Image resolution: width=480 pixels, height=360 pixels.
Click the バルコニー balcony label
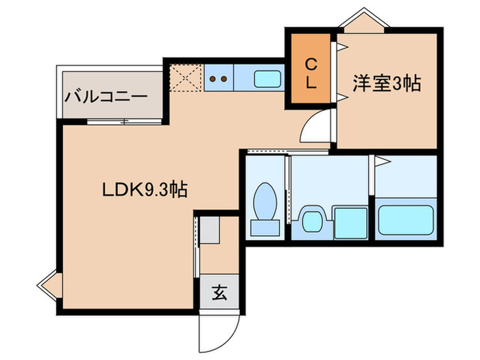click(x=106, y=97)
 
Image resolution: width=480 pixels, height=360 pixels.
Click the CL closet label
click(x=311, y=74)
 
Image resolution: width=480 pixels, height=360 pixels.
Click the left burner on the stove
click(x=213, y=78)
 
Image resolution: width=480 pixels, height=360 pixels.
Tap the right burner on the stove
click(x=224, y=78)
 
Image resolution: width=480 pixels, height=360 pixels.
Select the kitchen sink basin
click(x=267, y=78)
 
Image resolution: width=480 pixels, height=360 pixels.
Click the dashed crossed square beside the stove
click(x=186, y=77)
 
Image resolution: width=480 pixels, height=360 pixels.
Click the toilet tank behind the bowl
click(x=263, y=227)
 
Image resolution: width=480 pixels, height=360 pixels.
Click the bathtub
click(x=407, y=218)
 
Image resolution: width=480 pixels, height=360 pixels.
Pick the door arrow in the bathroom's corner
click(x=383, y=163)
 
